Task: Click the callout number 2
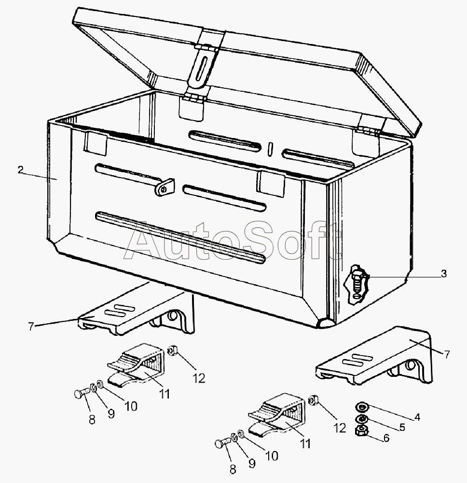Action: [20, 169]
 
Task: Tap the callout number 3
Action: [443, 274]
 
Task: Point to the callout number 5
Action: [401, 427]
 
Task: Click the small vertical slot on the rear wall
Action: [271, 148]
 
